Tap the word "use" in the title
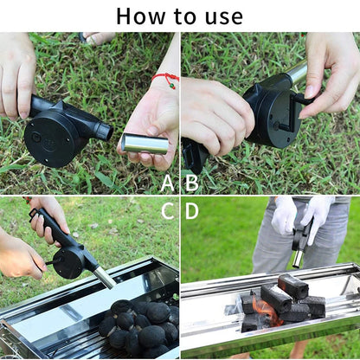(x=222, y=16)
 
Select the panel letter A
(x=168, y=182)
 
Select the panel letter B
(x=192, y=182)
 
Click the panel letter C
(x=168, y=210)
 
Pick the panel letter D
(x=192, y=210)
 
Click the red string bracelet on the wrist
(x=164, y=80)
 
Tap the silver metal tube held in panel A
(x=144, y=143)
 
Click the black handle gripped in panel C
(x=54, y=228)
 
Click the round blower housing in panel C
(x=69, y=261)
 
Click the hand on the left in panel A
(x=17, y=74)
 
